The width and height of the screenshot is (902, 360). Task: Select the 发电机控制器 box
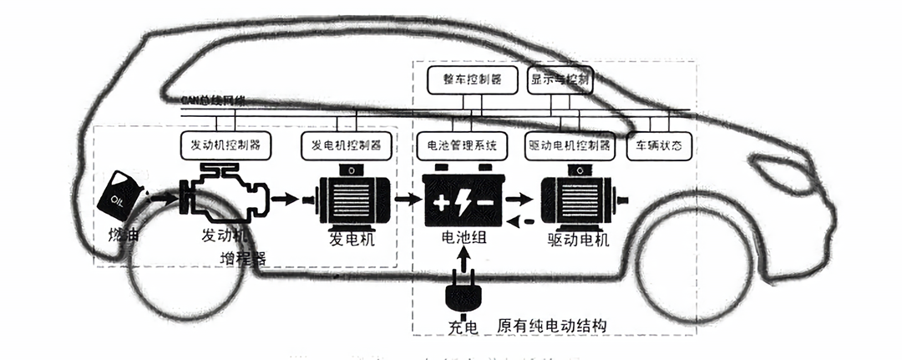pos(346,144)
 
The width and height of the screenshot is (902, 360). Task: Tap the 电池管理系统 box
pos(462,145)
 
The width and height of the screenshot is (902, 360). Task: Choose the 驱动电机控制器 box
pos(570,145)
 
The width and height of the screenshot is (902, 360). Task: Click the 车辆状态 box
pos(659,145)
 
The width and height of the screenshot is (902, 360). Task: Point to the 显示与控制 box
pos(560,80)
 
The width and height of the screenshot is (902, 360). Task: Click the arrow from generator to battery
pos(408,200)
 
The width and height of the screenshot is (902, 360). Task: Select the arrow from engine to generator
pos(284,199)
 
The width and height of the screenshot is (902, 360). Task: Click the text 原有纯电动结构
pos(550,324)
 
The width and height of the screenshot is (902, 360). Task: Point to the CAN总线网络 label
pos(213,100)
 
